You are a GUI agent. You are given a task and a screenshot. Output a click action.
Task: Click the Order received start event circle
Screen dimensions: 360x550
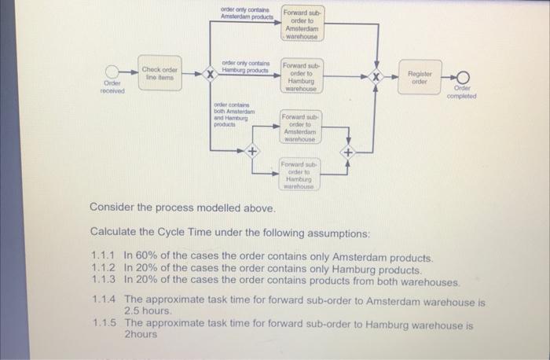tap(113, 73)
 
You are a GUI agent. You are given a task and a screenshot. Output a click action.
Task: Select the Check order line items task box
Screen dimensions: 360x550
tap(159, 72)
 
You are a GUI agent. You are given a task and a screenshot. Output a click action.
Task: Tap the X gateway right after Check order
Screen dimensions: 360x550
tap(210, 75)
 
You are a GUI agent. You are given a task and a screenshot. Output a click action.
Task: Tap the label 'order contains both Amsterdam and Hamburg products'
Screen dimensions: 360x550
tap(234, 116)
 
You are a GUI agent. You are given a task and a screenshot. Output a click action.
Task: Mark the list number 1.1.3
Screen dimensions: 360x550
tap(104, 281)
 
